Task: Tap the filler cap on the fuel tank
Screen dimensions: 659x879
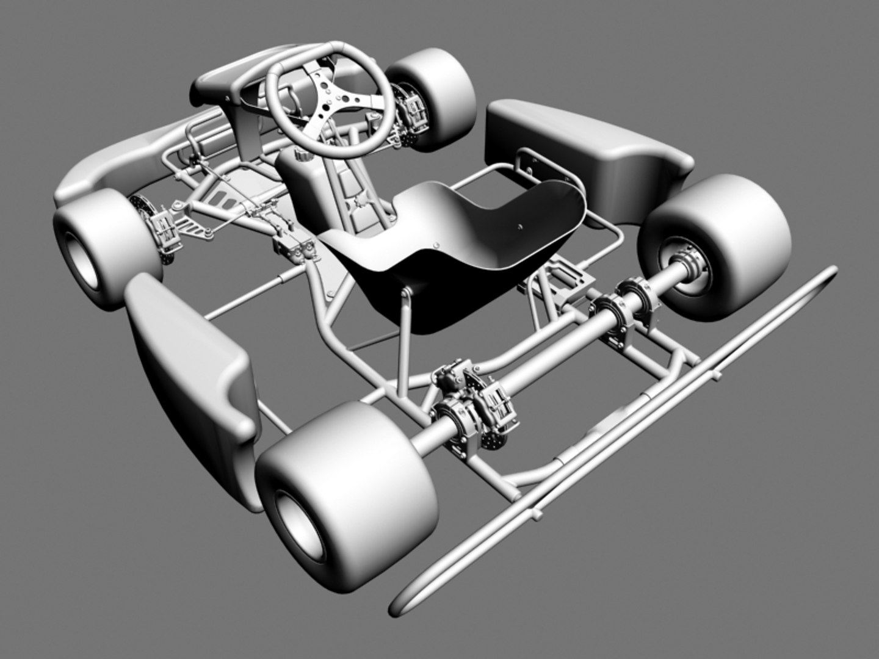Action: pyautogui.click(x=299, y=158)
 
